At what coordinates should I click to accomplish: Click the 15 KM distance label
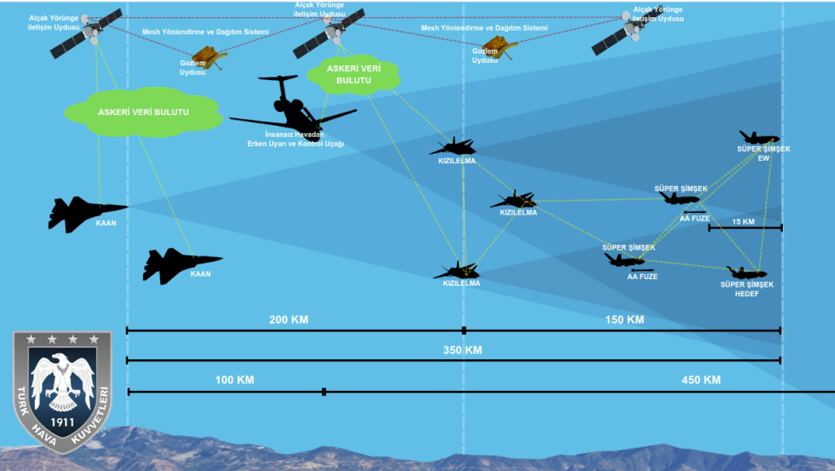(742, 222)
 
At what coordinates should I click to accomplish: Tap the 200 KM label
(289, 319)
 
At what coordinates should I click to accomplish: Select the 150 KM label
(625, 319)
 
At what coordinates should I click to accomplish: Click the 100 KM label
(235, 380)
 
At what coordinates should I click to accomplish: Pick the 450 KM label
(700, 380)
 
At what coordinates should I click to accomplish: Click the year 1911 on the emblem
(62, 422)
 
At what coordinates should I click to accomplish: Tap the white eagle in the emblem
(62, 380)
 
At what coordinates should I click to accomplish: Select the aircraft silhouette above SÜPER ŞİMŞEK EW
(759, 138)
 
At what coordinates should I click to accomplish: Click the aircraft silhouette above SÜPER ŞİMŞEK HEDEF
(746, 273)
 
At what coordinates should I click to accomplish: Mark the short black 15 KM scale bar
(745, 228)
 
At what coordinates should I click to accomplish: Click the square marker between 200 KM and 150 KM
(464, 331)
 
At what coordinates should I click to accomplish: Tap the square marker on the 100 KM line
(324, 392)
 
